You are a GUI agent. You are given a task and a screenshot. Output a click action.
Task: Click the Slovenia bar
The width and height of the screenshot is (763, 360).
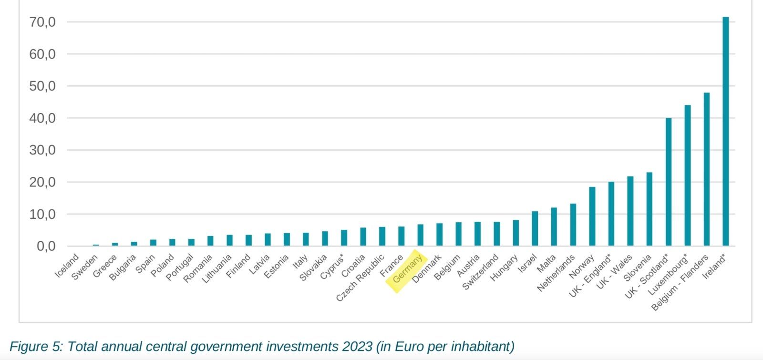point(649,209)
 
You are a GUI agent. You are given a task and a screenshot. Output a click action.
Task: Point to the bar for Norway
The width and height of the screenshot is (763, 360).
point(592,216)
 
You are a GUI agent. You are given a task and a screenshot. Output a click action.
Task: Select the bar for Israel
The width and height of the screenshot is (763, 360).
point(535,229)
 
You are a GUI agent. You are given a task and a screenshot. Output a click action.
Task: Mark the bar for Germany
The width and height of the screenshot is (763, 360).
point(420,235)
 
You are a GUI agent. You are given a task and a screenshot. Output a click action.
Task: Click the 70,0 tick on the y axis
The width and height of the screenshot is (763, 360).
point(42,22)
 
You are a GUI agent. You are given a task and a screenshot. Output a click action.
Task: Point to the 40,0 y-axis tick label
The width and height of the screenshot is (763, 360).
point(42,118)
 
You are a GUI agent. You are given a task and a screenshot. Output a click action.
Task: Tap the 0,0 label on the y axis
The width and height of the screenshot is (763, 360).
point(46,247)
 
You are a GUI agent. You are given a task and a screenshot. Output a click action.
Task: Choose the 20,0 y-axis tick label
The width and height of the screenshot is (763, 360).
point(42,182)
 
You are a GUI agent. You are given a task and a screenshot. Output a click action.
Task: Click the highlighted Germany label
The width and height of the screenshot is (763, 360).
point(406,270)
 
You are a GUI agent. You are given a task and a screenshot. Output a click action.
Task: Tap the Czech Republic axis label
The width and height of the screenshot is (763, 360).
point(360,278)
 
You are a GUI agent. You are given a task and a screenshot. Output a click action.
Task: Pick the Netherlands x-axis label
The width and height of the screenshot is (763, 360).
point(556,273)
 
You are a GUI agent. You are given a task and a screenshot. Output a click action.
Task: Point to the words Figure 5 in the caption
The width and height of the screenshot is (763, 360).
point(35,346)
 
